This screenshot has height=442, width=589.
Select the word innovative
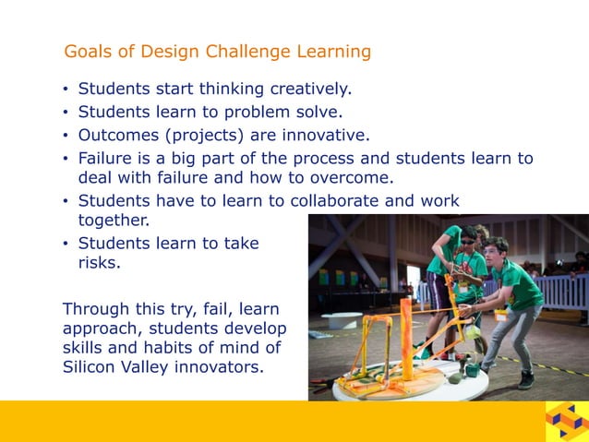click(x=325, y=136)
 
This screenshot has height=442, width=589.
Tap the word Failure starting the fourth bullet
click(x=106, y=159)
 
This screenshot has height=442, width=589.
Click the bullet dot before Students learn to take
click(x=66, y=245)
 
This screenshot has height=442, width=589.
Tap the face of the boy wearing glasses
click(x=468, y=239)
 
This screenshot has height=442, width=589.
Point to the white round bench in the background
click(x=341, y=319)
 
